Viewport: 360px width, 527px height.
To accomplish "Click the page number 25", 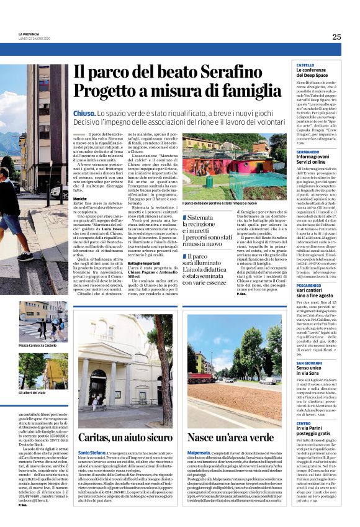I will click(336, 37).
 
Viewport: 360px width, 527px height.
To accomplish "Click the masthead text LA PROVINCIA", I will click(29, 34).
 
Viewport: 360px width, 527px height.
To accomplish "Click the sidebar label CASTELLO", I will click(305, 65).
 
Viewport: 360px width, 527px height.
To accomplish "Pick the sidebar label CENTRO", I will click(304, 422).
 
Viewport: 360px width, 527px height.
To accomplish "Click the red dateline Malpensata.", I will click(200, 453).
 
